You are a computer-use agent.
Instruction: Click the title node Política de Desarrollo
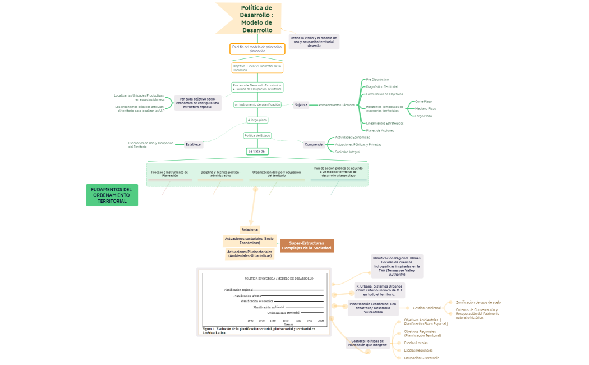coord(256,19)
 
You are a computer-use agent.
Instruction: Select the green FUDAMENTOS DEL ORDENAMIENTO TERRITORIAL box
coord(112,195)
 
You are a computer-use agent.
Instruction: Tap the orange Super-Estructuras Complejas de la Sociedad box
coord(306,245)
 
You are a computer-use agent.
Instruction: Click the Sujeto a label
coord(301,105)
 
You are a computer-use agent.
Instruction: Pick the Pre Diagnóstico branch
coord(377,80)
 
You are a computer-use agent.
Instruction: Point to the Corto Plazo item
coord(423,102)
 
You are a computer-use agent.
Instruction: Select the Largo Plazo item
coord(423,116)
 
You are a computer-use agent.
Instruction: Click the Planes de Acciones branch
coord(380,130)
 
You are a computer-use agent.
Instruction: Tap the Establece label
coord(193,144)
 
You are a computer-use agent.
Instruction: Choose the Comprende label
coord(314,144)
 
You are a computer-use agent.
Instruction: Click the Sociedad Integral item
coord(347,152)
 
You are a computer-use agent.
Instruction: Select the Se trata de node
coord(257,151)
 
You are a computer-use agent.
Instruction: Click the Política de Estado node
coord(257,135)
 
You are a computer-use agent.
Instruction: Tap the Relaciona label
coord(250,230)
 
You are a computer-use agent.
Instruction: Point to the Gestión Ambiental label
coord(426,308)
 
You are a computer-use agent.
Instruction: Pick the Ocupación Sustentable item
coord(421,358)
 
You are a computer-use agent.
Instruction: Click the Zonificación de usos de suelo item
coord(478,302)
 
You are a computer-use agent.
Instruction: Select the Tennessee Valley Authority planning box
coord(397,266)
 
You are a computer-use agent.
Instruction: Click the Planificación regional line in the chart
coord(292,290)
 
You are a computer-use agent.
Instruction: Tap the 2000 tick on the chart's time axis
coord(320,320)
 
